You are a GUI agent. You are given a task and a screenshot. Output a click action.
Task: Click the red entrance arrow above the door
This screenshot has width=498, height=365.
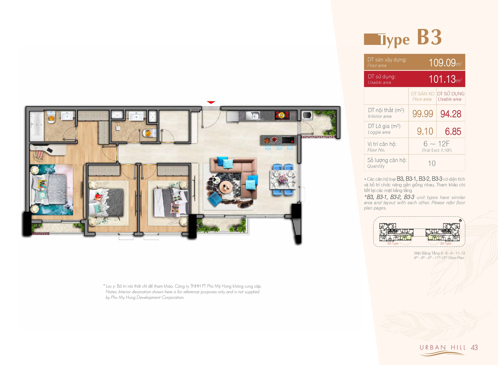[211, 102]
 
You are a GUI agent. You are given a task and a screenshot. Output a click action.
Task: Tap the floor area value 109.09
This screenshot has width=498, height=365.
[442, 62]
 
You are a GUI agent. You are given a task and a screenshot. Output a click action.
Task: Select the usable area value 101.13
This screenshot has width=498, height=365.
[442, 79]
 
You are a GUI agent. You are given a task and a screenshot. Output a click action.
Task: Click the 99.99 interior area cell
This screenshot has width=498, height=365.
[423, 113]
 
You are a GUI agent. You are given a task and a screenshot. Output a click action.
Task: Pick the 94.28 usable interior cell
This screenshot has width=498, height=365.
[451, 114]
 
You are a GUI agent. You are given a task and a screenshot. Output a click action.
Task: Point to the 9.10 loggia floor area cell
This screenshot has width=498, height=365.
[425, 131]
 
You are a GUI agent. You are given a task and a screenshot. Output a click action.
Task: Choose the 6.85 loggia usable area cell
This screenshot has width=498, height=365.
[453, 131]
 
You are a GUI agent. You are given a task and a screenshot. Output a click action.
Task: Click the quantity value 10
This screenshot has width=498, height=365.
[432, 163]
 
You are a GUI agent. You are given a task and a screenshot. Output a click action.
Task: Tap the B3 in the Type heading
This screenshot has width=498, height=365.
[429, 37]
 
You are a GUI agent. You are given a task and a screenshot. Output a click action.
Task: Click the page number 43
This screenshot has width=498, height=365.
[474, 347]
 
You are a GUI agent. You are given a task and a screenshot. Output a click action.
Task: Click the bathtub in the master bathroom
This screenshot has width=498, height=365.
[37, 126]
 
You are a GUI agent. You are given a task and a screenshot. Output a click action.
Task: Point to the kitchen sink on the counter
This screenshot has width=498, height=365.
[253, 115]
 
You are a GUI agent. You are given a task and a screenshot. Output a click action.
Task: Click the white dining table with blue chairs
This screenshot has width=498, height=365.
[283, 180]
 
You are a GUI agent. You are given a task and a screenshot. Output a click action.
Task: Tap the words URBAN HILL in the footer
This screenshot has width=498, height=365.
[443, 347]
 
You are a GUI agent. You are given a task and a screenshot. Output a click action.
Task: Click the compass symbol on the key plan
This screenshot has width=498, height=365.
[460, 220]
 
